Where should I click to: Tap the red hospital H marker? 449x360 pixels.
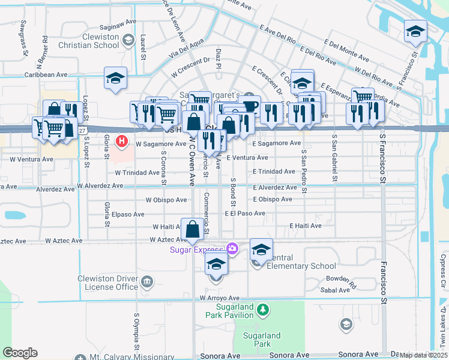(122, 142)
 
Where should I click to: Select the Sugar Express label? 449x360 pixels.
(196, 250)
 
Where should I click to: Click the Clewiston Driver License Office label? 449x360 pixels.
(108, 283)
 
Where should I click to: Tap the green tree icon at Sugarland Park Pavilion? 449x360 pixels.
(262, 310)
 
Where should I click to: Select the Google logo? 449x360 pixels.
(20, 353)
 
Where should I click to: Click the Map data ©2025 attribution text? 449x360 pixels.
(423, 355)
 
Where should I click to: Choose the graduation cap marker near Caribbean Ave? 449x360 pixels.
(115, 79)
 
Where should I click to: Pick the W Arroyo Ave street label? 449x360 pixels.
(220, 298)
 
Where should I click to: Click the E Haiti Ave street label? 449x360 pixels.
(305, 226)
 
